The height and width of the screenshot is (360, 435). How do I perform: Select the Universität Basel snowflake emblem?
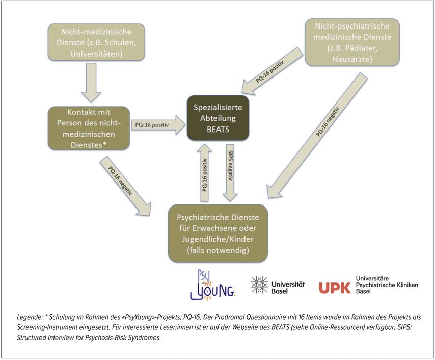pyautogui.click(x=259, y=285)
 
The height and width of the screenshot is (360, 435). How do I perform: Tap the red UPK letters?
pyautogui.click(x=335, y=288)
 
